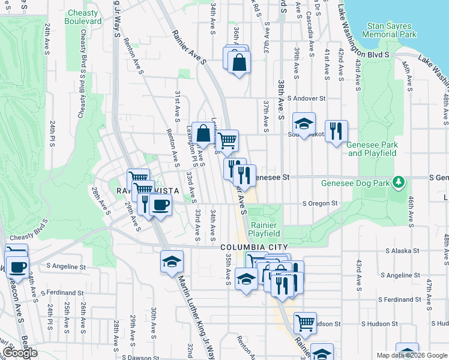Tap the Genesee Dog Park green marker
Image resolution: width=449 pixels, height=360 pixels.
[397, 181]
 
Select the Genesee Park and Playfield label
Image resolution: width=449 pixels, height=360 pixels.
[372, 149]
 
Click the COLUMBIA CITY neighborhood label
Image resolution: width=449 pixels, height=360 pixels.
[254, 247]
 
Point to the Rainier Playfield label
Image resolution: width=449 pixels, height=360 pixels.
[264, 229]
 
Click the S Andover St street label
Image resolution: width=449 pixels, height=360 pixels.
[306, 98]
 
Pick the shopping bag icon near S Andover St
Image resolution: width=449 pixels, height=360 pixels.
[239, 62]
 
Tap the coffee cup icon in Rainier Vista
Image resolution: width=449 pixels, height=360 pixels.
[160, 205]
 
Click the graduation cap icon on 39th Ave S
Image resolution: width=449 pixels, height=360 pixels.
[304, 124]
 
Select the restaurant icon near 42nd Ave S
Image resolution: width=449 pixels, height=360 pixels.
[336, 131]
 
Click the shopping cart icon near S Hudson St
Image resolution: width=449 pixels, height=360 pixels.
[305, 323]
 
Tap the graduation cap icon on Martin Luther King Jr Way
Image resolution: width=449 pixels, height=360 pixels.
[172, 262]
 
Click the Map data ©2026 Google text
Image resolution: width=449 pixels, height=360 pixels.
[412, 355]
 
